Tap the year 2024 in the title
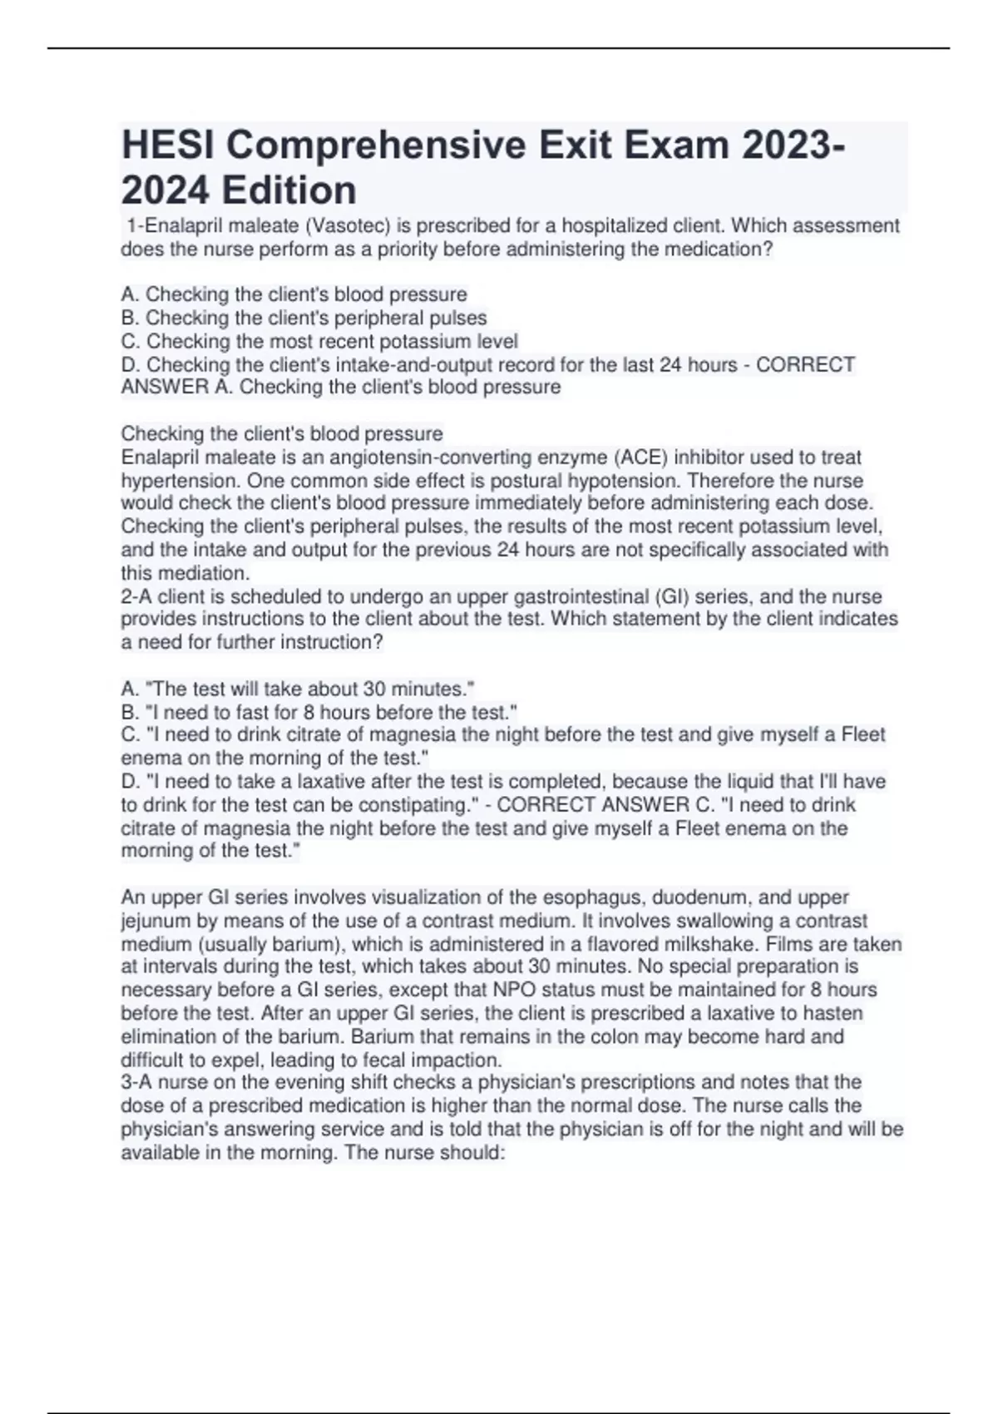coord(164,190)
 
